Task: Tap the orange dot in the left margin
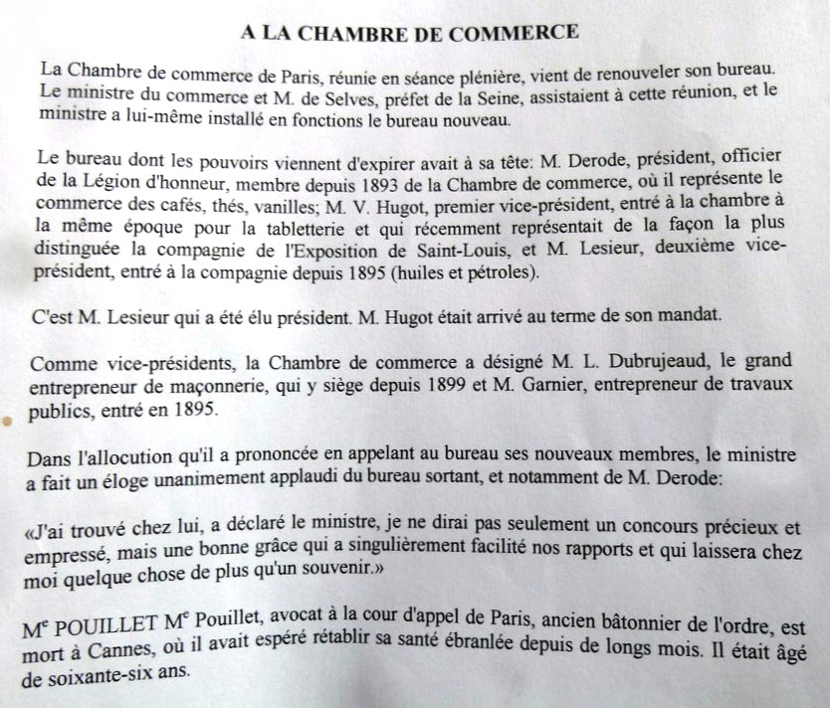pyautogui.click(x=8, y=422)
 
